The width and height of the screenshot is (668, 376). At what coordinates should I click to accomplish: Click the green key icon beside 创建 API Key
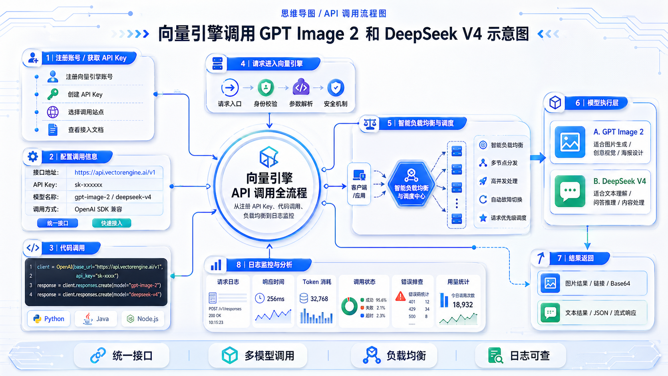[x=53, y=94]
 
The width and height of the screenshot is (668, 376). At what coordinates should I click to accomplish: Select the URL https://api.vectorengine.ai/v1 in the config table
[x=115, y=173]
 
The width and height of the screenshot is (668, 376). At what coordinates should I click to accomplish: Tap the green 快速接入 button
[x=111, y=223]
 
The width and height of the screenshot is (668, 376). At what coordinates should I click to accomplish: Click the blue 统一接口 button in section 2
[x=58, y=223]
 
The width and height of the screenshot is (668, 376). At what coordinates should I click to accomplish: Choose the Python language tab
[x=49, y=319]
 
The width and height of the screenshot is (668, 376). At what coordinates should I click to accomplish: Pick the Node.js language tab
[x=143, y=319]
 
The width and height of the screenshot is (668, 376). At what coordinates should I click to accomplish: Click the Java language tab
[x=96, y=319]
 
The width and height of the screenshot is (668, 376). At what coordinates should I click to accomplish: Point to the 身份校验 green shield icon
[x=266, y=88]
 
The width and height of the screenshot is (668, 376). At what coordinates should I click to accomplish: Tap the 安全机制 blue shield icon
[x=336, y=88]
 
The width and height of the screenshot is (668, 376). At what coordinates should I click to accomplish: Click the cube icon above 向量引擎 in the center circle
[x=269, y=157]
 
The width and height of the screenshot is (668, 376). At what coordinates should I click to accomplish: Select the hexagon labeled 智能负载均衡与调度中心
[x=411, y=184]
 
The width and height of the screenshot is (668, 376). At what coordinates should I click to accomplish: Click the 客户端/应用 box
[x=359, y=184]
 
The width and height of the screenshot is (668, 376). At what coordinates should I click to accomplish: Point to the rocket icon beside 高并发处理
[x=483, y=181]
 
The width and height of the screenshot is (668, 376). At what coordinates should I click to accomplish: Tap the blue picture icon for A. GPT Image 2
[x=570, y=142]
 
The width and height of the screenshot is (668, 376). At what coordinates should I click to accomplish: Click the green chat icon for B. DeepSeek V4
[x=570, y=191]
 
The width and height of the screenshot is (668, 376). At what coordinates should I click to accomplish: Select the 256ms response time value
[x=276, y=298]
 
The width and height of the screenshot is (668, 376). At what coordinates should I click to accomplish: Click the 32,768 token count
[x=319, y=298]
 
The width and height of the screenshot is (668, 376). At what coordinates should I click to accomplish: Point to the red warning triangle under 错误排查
[x=400, y=296]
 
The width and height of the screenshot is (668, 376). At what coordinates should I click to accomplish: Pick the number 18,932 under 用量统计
[x=463, y=305]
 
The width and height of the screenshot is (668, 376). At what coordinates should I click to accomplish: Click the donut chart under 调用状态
[x=349, y=306]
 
